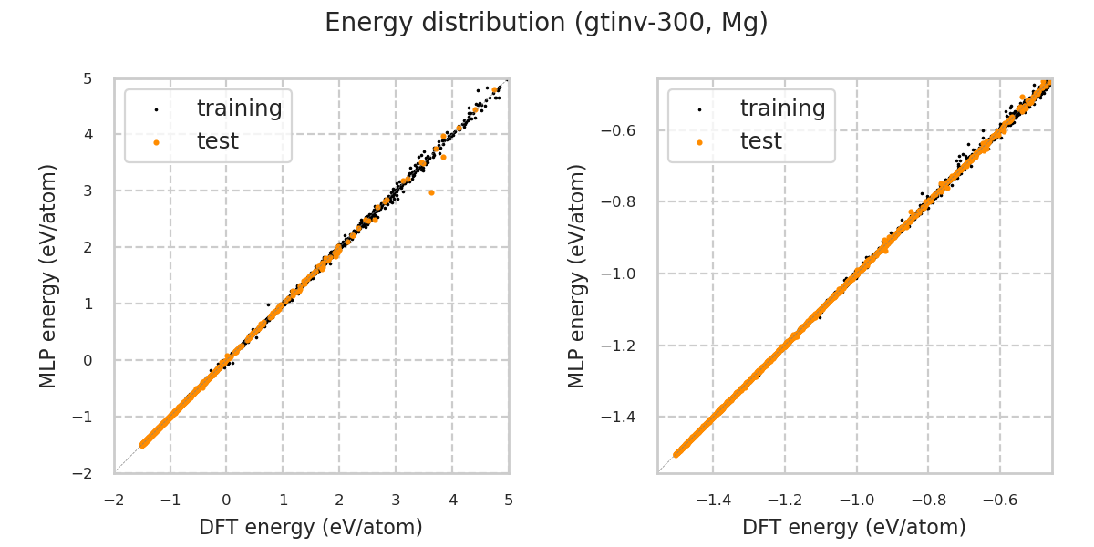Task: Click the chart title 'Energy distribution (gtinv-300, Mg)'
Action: (x=546, y=23)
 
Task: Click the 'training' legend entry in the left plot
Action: (x=239, y=108)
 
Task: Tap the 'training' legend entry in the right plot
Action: (x=782, y=108)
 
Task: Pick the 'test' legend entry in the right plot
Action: (x=760, y=141)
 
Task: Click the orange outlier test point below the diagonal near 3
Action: (x=431, y=192)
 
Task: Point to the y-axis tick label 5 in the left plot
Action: (x=88, y=78)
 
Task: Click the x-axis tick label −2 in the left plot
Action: (x=113, y=500)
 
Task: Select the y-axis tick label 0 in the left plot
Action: (x=88, y=360)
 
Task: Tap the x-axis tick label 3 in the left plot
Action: (x=396, y=500)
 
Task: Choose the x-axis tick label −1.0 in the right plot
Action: (x=855, y=500)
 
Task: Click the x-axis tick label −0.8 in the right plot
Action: (x=927, y=500)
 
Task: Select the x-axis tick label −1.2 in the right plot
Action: (x=783, y=500)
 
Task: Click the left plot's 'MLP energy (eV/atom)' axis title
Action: (x=48, y=275)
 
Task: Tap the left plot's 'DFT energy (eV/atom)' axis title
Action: (x=311, y=527)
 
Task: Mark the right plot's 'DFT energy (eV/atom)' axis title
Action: (x=854, y=527)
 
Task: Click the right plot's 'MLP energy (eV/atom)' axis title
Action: (x=577, y=275)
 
